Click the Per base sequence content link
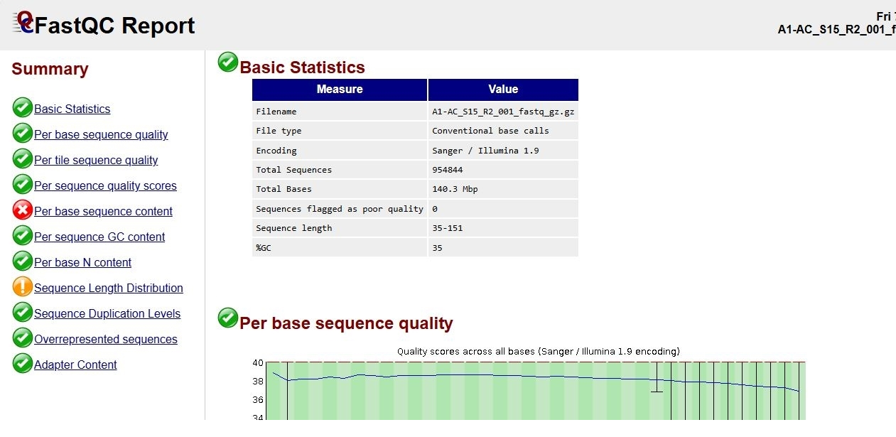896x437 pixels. point(103,211)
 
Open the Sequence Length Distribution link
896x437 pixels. point(109,288)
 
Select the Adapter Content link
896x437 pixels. point(75,365)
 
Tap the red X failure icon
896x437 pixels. point(23,210)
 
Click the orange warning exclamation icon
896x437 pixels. point(23,286)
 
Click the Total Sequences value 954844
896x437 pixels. point(447,170)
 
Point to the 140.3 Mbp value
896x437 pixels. point(455,189)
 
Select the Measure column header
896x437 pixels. point(340,90)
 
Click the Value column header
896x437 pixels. point(503,90)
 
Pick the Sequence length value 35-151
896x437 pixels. point(447,228)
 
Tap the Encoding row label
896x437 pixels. point(276,151)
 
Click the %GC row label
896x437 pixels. point(264,248)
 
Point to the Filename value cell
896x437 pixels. point(503,112)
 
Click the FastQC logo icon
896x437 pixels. point(24,23)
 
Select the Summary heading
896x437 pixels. point(50,69)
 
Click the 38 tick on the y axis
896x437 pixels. point(258,382)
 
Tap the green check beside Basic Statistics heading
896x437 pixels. point(228,63)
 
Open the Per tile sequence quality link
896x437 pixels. point(96,160)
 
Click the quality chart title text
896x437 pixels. point(539,351)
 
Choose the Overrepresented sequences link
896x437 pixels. point(106,339)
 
